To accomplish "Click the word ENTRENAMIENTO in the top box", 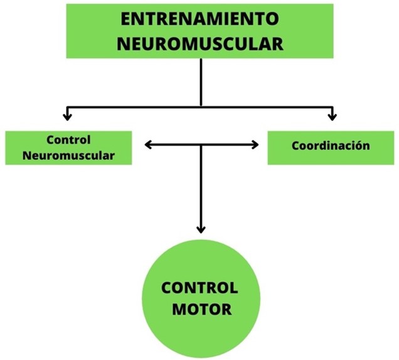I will tap(199, 19).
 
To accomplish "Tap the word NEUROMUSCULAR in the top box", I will tap(199, 43).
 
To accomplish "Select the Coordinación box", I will tap(331, 147).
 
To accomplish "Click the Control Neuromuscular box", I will tap(68, 147).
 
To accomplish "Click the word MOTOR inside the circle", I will tap(200, 309).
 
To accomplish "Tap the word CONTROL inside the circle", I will tap(200, 289).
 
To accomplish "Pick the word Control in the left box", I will tap(68, 140).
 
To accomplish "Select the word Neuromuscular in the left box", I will tap(68, 155).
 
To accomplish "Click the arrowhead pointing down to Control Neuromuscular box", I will tap(68, 117).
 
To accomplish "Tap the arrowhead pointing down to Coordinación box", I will tap(332, 117).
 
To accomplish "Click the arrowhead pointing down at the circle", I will tap(201, 230).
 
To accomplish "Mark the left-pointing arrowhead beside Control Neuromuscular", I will tap(148, 146).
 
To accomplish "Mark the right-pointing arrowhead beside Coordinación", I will tap(255, 146).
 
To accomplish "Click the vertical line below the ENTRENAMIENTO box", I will tap(201, 82).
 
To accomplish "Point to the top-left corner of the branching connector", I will tap(68, 107).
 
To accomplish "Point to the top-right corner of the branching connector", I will tap(332, 107).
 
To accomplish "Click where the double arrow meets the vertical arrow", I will tap(201, 146).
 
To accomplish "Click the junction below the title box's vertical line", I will tap(201, 107).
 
